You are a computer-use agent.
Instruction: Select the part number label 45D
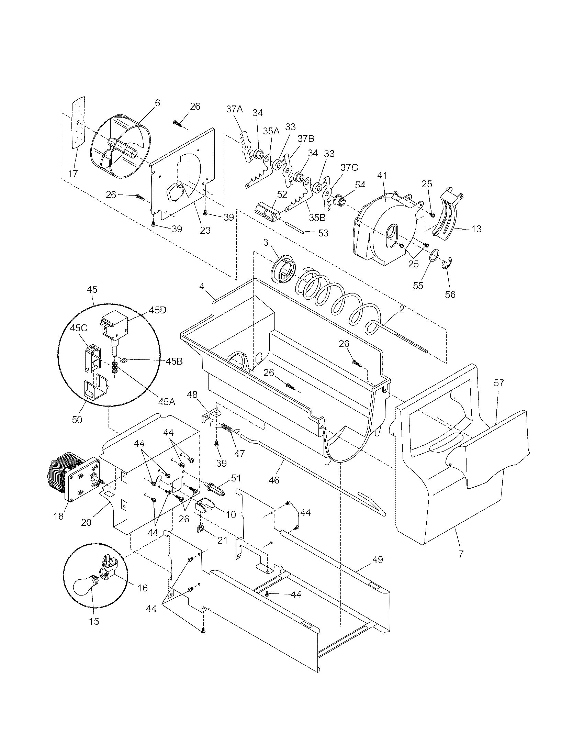(158, 310)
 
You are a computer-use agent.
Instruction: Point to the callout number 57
(499, 383)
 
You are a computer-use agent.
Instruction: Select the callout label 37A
(235, 109)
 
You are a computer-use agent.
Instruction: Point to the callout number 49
(378, 559)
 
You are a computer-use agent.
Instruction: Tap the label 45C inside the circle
(79, 328)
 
